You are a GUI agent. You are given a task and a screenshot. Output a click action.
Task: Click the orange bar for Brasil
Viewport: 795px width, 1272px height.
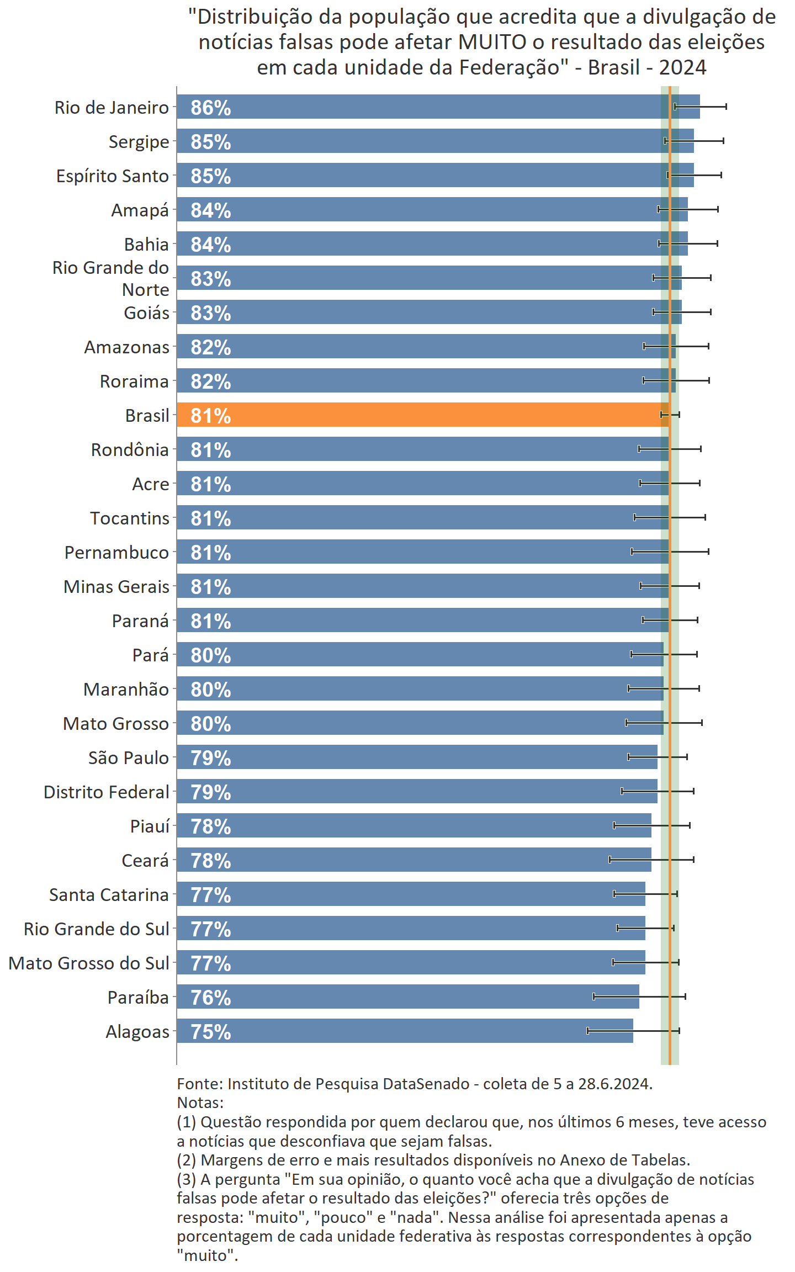[x=422, y=415]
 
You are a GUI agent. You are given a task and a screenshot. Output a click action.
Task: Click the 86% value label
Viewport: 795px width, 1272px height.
[x=210, y=108]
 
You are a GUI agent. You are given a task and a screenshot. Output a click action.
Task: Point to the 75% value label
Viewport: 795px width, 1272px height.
[x=210, y=1032]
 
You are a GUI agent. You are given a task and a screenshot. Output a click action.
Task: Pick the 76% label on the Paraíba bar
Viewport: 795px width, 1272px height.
[x=210, y=998]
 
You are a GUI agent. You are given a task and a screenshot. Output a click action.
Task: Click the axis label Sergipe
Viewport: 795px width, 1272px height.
[x=139, y=142]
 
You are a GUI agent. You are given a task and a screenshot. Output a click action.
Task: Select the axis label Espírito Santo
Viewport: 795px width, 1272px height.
[x=112, y=176]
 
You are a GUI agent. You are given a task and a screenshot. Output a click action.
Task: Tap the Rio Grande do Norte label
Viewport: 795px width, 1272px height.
[x=110, y=278]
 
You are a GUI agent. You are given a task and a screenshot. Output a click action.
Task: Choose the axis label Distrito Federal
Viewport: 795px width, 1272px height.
[x=106, y=792]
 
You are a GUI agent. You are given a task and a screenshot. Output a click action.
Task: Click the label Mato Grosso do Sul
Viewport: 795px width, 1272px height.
[x=89, y=963]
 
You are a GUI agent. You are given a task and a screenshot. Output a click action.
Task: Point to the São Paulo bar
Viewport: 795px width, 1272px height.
[x=417, y=757]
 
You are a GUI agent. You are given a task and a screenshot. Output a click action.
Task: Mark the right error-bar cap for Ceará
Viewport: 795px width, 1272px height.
[x=693, y=860]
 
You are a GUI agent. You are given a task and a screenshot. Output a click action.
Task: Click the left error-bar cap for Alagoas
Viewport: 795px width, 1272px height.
[x=587, y=1031]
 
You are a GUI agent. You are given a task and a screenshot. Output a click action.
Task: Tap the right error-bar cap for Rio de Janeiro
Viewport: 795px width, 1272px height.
[x=726, y=107]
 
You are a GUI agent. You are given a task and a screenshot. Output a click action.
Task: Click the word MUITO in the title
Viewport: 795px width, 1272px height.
[x=492, y=42]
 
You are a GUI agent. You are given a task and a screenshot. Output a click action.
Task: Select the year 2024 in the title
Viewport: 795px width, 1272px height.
[x=682, y=67]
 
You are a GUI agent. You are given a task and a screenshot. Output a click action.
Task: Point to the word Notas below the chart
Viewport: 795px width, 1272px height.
[x=199, y=1103]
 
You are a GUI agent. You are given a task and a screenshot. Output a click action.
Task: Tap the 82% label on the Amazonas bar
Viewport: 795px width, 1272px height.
[x=210, y=347]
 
